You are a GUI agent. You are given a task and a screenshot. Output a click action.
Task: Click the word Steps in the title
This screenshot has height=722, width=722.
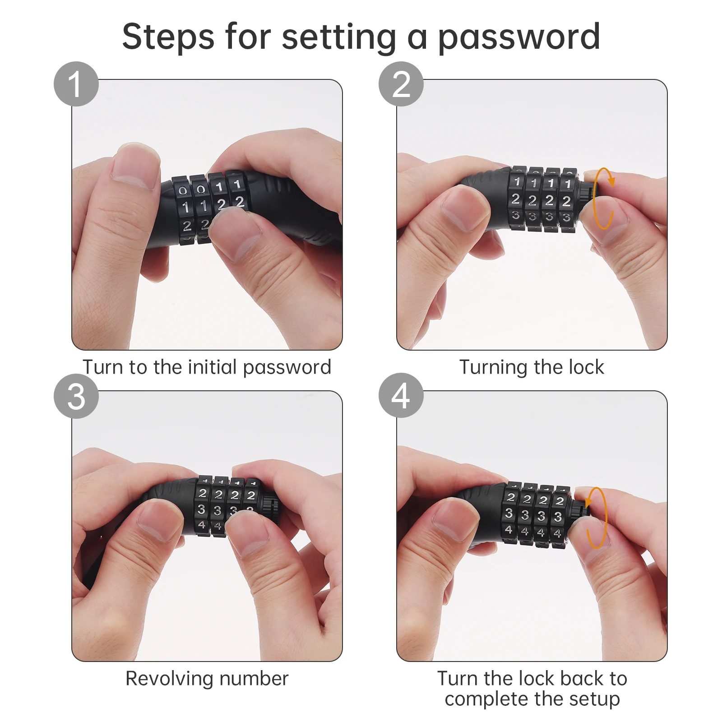click(x=168, y=37)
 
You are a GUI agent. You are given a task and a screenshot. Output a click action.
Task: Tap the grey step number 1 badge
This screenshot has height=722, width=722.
click(x=76, y=84)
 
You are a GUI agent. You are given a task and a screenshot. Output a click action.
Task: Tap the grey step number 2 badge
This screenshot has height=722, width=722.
click(x=401, y=84)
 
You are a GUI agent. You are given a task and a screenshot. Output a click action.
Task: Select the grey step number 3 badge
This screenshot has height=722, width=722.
click(x=76, y=396)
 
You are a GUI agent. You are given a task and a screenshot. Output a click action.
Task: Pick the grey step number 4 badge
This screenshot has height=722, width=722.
click(x=401, y=395)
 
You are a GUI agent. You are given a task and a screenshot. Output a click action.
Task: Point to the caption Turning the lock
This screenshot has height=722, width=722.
click(x=532, y=367)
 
